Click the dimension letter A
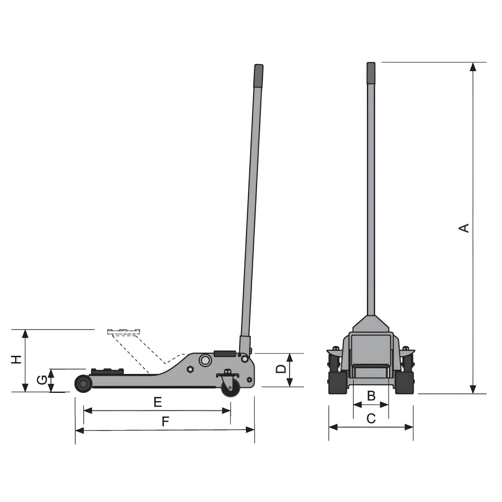pos(464,228)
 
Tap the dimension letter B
pos(371,396)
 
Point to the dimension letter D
pos(281,369)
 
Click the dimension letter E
pos(158,402)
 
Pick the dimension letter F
pos(165,422)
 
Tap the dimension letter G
pos(42,380)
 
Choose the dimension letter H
pos(16,359)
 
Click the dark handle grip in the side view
pos(259,76)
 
